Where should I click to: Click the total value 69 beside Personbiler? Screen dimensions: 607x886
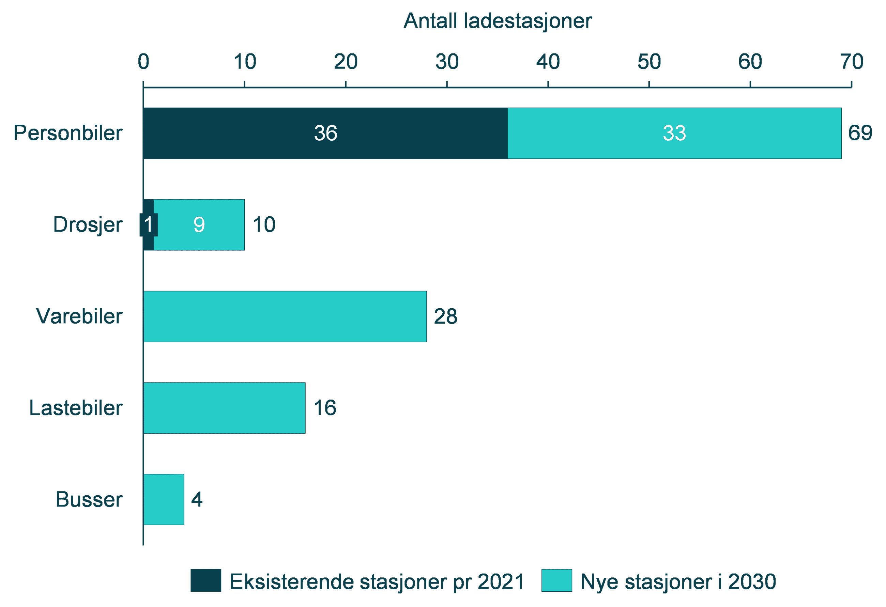coord(860,133)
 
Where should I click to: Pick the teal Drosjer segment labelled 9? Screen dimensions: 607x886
coord(199,224)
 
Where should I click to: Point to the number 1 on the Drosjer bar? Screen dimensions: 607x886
coord(148,224)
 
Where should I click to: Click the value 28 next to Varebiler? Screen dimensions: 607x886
coord(445,316)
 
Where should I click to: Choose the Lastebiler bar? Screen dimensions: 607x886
coord(224,408)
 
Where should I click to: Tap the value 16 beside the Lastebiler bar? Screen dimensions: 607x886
coord(325,408)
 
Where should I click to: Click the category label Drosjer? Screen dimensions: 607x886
coord(88,224)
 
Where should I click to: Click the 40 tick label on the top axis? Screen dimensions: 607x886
coord(548,62)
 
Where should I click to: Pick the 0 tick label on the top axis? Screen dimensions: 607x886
coord(144,62)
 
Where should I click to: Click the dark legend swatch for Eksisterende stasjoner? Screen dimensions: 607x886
coord(206,580)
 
